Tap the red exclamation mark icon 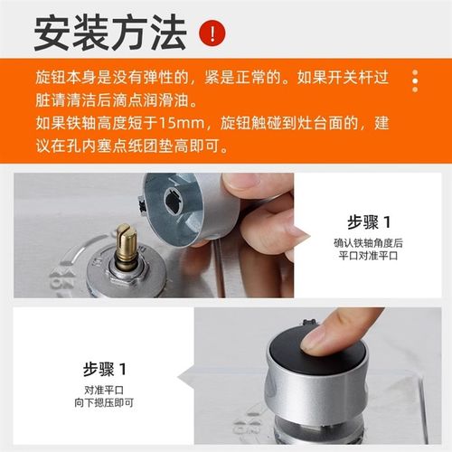click(211, 34)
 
